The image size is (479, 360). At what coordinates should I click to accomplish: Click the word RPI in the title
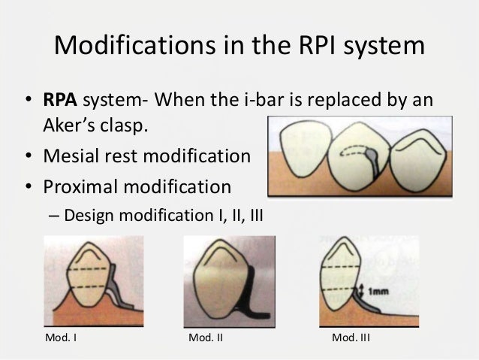(313, 48)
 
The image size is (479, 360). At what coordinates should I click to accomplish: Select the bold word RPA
(57, 101)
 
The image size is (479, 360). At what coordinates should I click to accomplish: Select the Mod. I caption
(62, 337)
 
